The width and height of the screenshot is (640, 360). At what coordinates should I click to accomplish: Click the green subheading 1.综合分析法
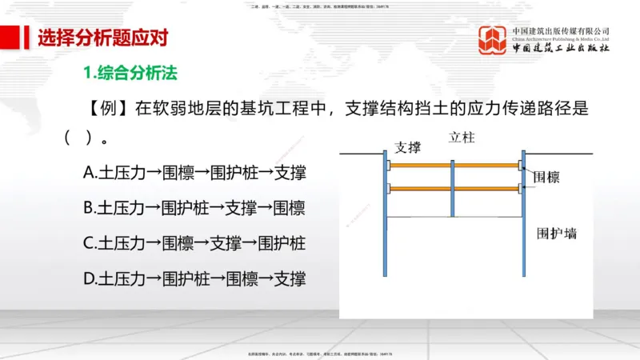130,73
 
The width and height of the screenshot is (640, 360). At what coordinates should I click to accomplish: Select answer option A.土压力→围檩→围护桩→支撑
194,173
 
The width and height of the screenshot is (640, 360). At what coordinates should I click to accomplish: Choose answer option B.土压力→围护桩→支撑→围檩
194,208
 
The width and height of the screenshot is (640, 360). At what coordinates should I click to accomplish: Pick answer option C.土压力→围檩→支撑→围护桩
194,243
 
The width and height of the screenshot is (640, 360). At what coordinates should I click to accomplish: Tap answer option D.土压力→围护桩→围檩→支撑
194,278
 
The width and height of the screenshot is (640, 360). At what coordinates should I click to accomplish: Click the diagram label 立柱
462,137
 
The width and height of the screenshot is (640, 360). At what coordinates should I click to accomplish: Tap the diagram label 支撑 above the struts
407,148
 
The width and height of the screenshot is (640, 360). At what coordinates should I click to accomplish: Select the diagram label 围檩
546,178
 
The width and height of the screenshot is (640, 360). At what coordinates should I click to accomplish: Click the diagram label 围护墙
557,234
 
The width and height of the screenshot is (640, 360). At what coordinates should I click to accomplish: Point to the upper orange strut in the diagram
421,166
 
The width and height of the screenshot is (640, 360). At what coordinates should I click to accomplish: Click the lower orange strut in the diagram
421,190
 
